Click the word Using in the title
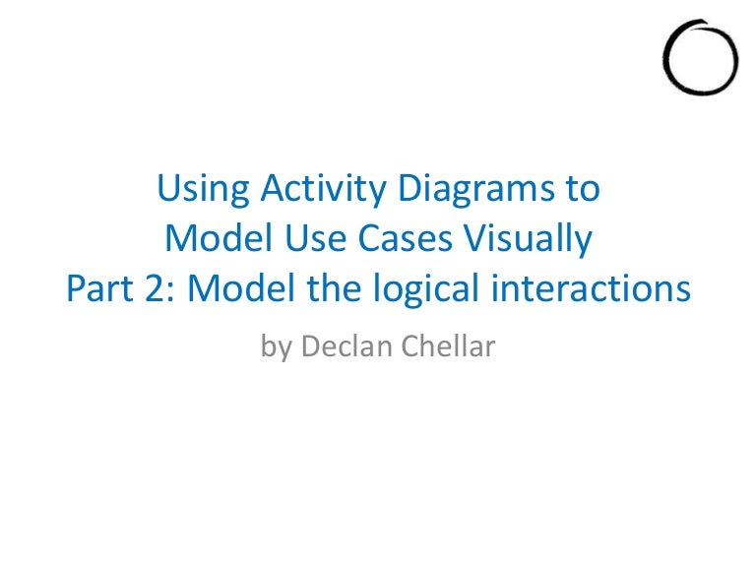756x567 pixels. pos(203,190)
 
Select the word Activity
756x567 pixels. pos(324,189)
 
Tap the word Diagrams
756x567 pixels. pos(476,190)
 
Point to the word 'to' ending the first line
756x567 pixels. pos(583,189)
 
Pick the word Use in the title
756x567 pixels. pos(316,238)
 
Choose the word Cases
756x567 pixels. pos(406,238)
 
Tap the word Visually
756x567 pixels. pos(528,239)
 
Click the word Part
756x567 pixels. pos(99,288)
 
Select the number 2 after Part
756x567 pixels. pos(155,288)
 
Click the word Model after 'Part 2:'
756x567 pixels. pos(241,287)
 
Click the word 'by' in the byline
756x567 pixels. pos(277,347)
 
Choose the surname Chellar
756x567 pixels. pos(449,346)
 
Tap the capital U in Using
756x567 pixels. pos(168,188)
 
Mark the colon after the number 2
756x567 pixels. pos(171,292)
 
